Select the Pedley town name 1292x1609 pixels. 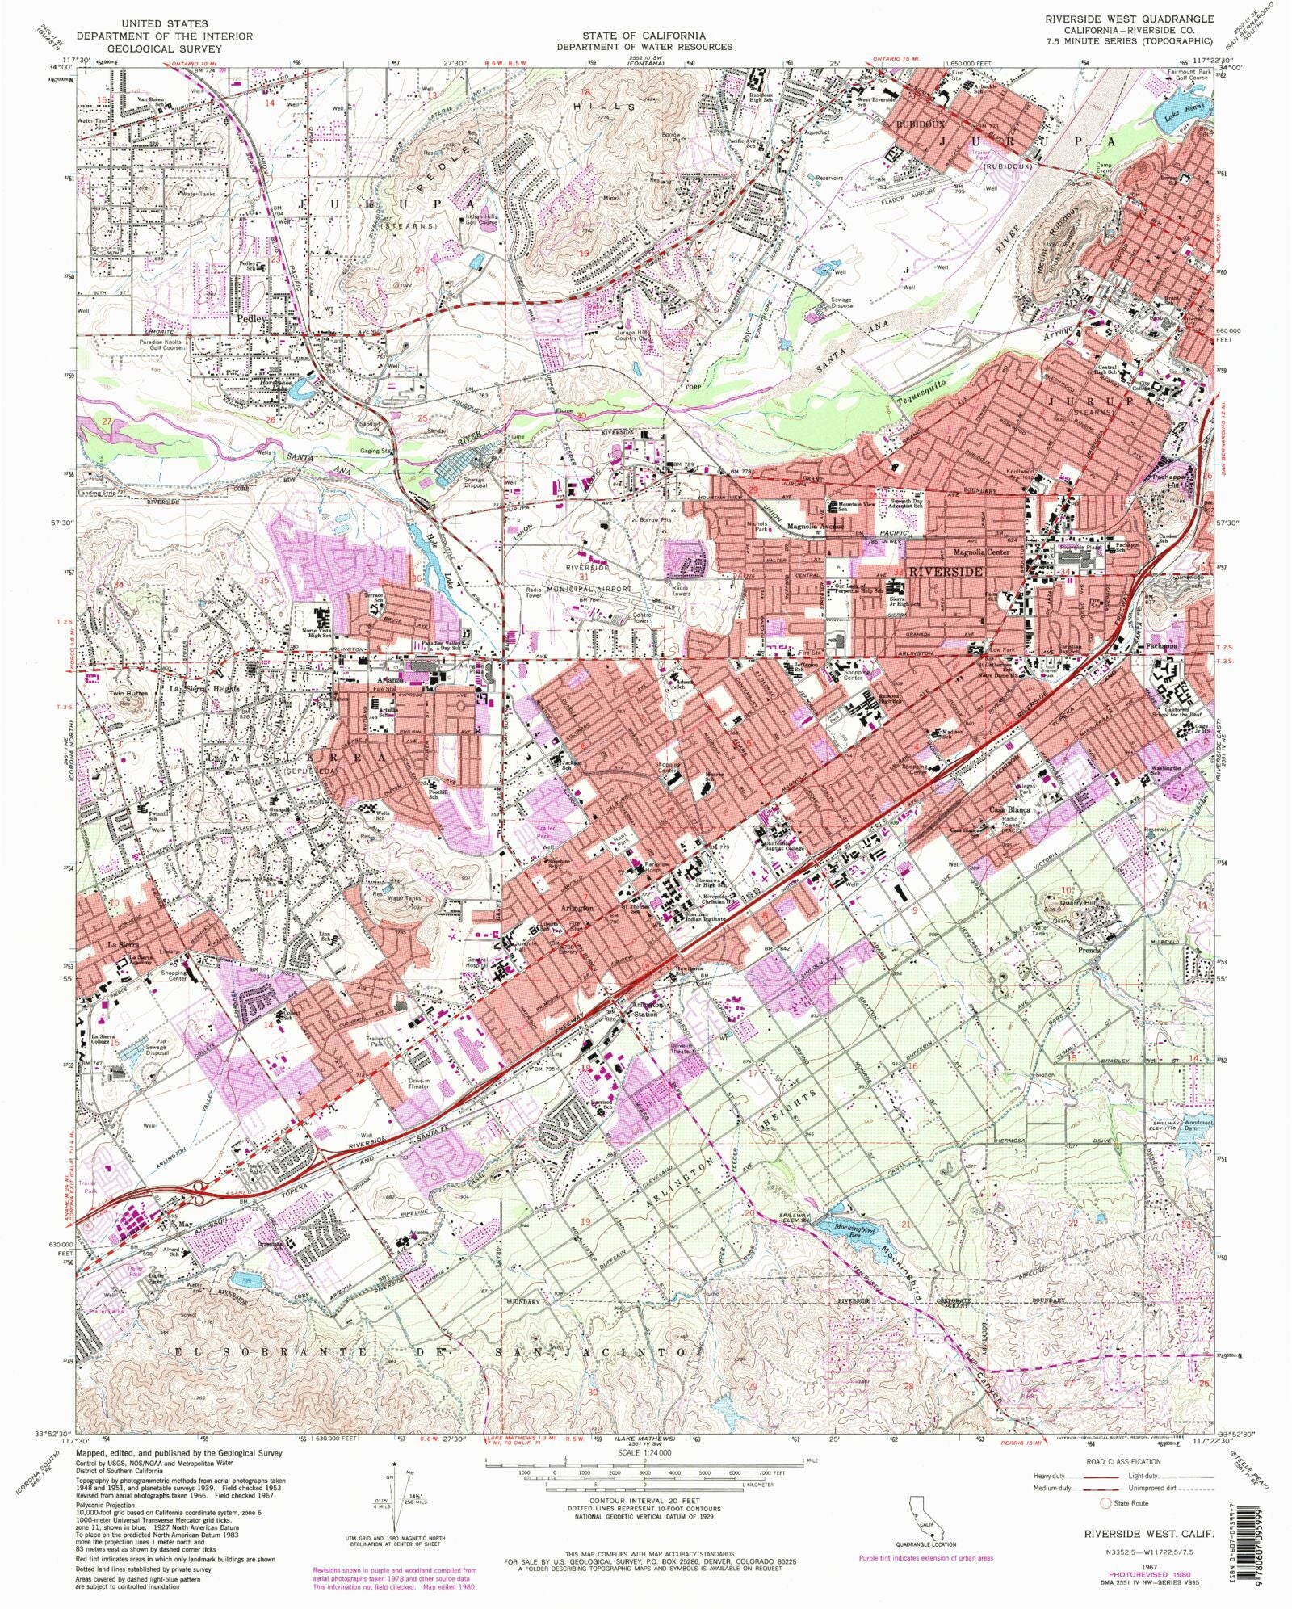(x=251, y=318)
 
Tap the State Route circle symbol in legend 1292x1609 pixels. (x=1105, y=1503)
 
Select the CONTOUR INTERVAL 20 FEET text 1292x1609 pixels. (x=645, y=1495)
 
